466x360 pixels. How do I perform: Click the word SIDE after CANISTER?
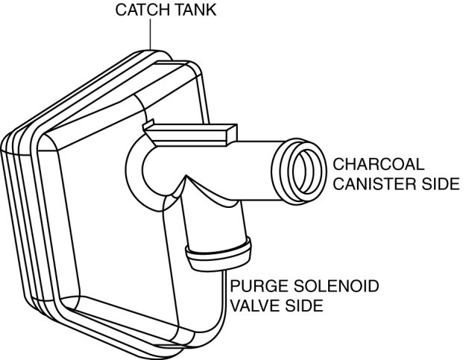[438, 183]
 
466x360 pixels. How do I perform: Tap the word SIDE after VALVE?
[303, 306]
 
